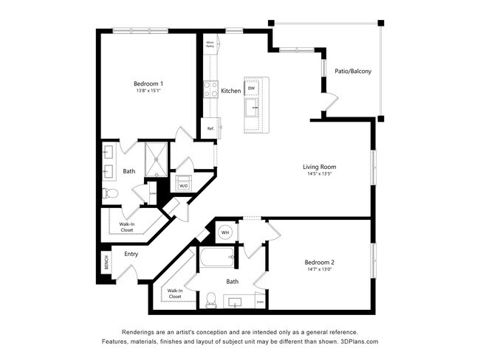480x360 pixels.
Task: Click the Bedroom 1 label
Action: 148,83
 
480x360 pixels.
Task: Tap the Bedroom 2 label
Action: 320,262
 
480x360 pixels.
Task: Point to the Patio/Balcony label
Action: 352,72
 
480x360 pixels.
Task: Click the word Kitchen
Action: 231,91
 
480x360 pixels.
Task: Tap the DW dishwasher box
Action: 252,89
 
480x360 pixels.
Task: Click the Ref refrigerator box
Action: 210,128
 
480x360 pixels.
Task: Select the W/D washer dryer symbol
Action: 182,184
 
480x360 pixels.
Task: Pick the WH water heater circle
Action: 224,233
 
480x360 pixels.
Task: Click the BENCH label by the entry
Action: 106,263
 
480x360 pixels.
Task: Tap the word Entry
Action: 131,255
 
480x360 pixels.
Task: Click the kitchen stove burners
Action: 210,89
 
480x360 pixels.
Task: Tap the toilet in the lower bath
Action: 210,300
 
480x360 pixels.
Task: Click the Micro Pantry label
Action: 210,44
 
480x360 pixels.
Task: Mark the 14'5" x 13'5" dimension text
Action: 319,175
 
